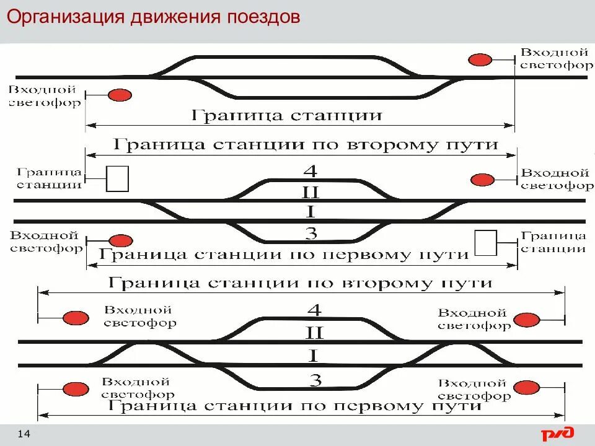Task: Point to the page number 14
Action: tap(25, 433)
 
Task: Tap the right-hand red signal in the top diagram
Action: tap(480, 59)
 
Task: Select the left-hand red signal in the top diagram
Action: tap(120, 95)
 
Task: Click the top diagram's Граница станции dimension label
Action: tap(286, 115)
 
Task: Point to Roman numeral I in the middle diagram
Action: tap(311, 212)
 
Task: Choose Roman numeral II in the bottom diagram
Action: tap(314, 333)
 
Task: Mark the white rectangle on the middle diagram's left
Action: tap(118, 178)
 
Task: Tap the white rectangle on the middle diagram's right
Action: tap(485, 242)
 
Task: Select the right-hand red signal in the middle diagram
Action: tap(482, 180)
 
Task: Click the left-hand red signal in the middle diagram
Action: tap(121, 241)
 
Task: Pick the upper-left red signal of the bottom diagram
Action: tap(74, 317)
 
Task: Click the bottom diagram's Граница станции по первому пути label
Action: tap(295, 406)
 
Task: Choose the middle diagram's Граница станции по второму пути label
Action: tap(305, 145)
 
